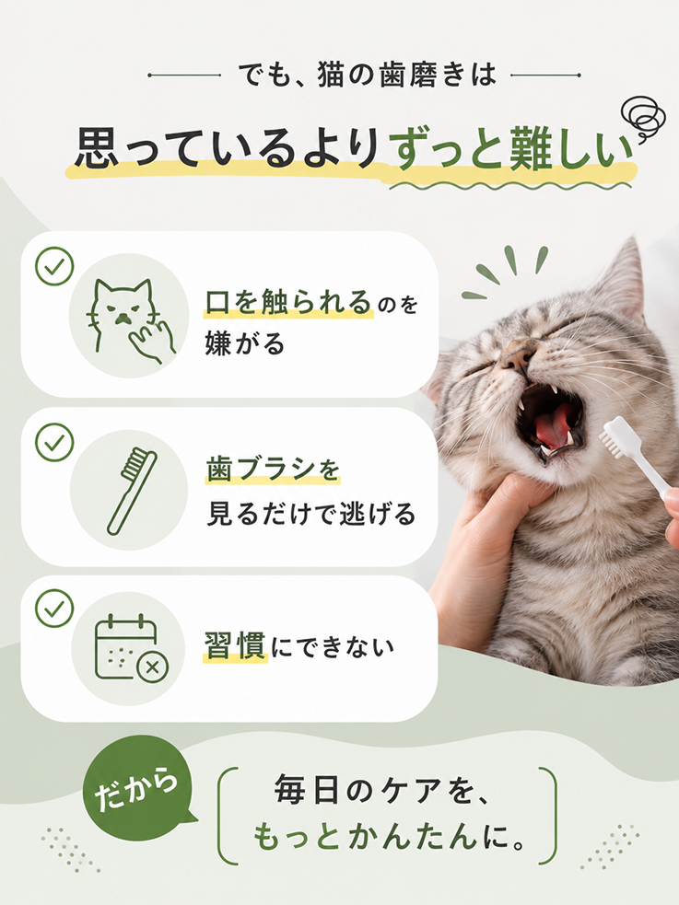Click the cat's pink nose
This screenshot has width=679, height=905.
(x=518, y=356)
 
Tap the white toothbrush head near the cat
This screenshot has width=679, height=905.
(x=615, y=435)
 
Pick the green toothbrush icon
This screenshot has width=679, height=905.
(x=132, y=491)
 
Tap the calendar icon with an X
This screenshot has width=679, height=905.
(x=131, y=649)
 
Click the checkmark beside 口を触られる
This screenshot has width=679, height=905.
(x=54, y=266)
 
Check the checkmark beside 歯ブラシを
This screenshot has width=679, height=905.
(x=54, y=442)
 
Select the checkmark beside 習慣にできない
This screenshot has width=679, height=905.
(x=54, y=609)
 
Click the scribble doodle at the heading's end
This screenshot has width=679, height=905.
(x=639, y=119)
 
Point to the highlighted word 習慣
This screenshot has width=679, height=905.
(x=234, y=646)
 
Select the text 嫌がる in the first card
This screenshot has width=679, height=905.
(x=245, y=343)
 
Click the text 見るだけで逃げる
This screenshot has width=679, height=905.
(x=310, y=513)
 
